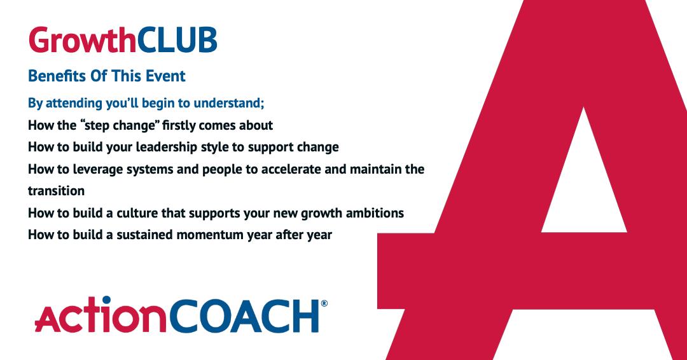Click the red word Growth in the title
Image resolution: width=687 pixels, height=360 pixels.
(82, 40)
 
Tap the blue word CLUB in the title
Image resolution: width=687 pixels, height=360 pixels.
(177, 40)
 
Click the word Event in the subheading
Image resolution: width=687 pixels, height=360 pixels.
(164, 76)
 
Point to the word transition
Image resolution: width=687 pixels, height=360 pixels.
(56, 191)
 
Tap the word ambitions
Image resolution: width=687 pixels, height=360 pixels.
(374, 212)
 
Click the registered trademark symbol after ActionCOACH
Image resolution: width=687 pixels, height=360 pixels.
(324, 304)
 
